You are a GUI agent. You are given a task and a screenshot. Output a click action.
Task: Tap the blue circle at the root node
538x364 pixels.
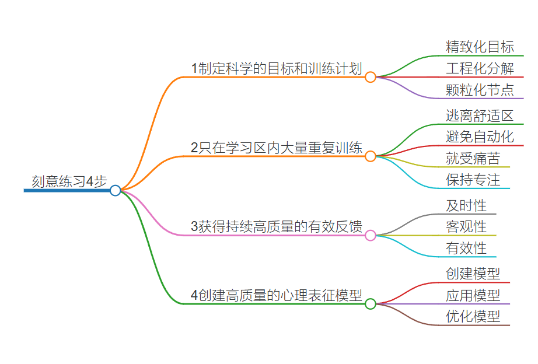116,190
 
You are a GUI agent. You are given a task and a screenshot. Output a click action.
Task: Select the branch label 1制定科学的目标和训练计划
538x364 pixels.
277,68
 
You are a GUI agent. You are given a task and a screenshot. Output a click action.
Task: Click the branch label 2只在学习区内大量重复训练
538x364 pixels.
277,148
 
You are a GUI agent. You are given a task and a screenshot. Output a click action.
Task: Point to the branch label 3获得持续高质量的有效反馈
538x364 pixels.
277,227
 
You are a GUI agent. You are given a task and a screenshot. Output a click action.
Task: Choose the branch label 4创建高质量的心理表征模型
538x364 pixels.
277,295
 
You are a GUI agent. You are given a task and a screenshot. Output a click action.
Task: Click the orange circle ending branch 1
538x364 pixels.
371,77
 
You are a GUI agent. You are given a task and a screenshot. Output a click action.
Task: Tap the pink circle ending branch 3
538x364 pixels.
371,236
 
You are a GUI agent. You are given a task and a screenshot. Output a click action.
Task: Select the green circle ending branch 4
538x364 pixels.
371,304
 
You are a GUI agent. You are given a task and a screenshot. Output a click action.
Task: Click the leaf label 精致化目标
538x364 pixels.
480,47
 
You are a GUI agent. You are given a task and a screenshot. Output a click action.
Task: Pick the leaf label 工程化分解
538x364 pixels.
480,68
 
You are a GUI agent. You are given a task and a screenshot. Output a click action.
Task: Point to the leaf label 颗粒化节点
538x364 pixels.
480,90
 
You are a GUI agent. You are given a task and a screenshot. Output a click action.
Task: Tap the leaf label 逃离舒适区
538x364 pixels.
480,116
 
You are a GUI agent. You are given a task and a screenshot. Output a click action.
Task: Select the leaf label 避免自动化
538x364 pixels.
480,137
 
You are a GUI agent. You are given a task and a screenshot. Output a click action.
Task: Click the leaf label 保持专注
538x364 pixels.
473,180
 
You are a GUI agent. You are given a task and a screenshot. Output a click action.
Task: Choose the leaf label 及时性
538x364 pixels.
466,205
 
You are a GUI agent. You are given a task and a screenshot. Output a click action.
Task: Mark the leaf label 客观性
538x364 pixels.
466,227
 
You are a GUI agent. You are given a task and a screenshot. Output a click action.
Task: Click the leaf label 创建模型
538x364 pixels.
473,274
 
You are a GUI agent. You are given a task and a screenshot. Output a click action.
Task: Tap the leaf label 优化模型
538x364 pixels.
473,317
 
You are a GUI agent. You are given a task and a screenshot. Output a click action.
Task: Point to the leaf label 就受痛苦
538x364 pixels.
473,158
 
